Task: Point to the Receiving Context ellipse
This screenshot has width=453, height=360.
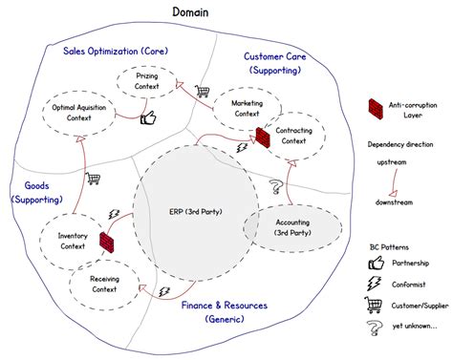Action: click(103, 284)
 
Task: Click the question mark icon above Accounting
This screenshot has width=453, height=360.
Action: click(275, 185)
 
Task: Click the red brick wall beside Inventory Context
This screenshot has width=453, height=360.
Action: click(108, 248)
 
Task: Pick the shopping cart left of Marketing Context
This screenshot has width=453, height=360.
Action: click(202, 93)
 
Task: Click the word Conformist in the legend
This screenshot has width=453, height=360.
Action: click(412, 284)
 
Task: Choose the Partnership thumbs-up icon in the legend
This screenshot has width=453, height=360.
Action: click(376, 263)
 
